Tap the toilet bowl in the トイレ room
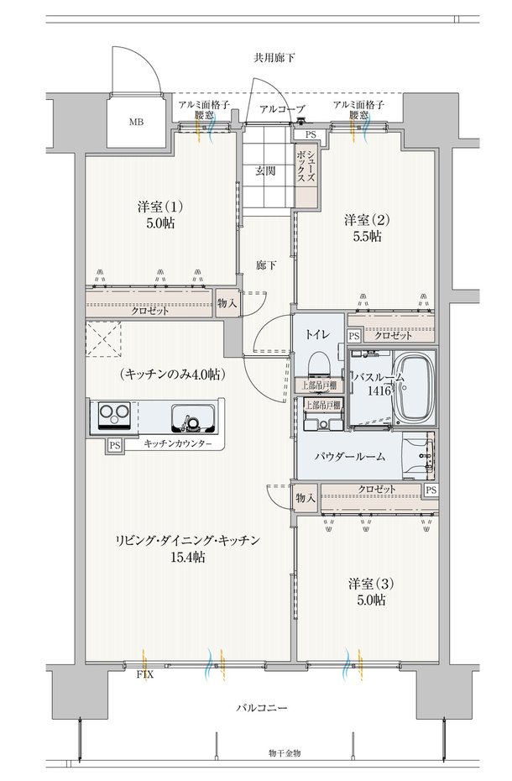(x=319, y=363)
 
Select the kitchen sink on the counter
(x=193, y=418)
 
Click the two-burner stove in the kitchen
(x=114, y=416)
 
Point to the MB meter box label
(x=137, y=122)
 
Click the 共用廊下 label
(x=274, y=58)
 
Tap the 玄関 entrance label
(x=265, y=170)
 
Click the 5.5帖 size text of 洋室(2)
(x=367, y=236)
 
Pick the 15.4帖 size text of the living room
(x=188, y=557)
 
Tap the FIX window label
(x=145, y=675)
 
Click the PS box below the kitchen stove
(x=114, y=445)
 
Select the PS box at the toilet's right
(x=353, y=336)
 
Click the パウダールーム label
(x=350, y=456)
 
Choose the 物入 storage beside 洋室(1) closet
(x=227, y=303)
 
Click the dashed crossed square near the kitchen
(x=103, y=338)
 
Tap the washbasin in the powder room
(x=419, y=455)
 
